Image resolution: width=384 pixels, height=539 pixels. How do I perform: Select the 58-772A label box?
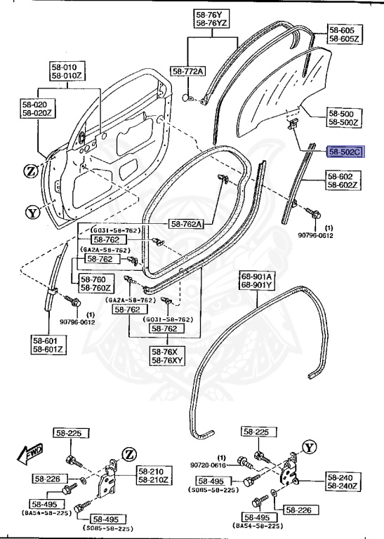click(188, 72)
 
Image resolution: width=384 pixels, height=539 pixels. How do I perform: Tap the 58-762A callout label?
click(186, 225)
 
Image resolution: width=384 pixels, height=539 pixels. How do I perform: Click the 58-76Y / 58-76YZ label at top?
click(210, 19)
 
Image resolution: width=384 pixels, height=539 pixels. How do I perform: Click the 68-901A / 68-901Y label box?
click(258, 280)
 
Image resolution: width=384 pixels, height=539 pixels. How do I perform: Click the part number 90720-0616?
click(207, 465)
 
